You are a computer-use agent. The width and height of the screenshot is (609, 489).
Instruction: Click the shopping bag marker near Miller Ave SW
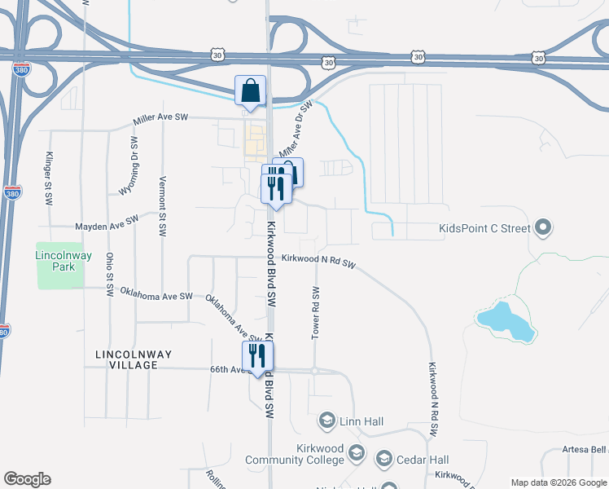pyautogui.click(x=250, y=90)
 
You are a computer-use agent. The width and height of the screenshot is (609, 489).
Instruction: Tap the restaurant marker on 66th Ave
pyautogui.click(x=258, y=356)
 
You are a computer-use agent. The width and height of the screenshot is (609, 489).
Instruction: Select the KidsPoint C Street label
pyautogui.click(x=484, y=229)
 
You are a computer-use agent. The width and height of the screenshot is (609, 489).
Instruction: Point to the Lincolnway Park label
pyautogui.click(x=59, y=261)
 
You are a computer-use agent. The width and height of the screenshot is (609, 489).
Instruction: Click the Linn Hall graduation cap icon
pyautogui.click(x=326, y=420)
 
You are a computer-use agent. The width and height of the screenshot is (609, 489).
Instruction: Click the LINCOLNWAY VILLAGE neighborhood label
pyautogui.click(x=125, y=360)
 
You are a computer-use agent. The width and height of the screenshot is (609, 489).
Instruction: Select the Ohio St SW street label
pyautogui.click(x=109, y=275)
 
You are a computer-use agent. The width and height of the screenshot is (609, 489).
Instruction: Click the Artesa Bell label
pyautogui.click(x=584, y=449)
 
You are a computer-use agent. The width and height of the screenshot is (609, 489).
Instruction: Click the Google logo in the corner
pyautogui.click(x=27, y=479)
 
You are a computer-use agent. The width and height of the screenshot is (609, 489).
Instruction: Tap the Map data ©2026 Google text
pyautogui.click(x=559, y=482)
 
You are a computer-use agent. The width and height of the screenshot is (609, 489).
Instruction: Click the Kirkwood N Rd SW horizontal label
pyautogui.click(x=319, y=261)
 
